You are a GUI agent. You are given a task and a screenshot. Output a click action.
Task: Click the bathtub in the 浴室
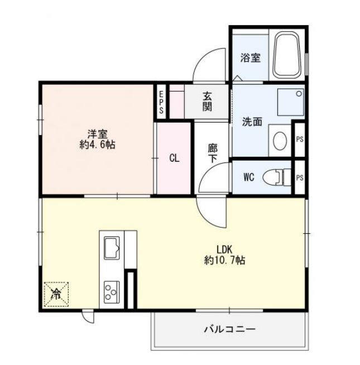[x=287, y=55]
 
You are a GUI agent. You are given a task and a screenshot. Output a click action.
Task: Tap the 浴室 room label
[x=250, y=57]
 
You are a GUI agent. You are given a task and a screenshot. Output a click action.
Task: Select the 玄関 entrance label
[x=207, y=101]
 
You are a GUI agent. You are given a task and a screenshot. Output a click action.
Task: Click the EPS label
[x=161, y=102]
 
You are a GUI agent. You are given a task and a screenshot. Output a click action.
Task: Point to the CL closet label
[x=174, y=159]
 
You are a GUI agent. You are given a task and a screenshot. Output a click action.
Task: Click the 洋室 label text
[x=97, y=134]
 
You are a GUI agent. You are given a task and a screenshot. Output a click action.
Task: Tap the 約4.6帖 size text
[x=97, y=145]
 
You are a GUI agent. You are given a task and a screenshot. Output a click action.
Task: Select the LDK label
[x=224, y=249]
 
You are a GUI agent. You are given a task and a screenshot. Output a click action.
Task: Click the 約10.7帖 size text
[x=224, y=260]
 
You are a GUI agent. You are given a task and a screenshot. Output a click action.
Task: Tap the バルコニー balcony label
[x=230, y=329]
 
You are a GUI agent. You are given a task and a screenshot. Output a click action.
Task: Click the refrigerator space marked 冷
[x=56, y=294]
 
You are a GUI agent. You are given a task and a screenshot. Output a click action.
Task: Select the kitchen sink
[x=112, y=248]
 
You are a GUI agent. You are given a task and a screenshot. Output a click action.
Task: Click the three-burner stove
[x=112, y=292]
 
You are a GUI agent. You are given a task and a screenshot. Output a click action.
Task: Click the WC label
[x=249, y=177]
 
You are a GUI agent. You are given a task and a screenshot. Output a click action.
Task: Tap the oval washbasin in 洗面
[x=280, y=141]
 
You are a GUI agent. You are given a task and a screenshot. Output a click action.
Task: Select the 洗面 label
[x=252, y=122]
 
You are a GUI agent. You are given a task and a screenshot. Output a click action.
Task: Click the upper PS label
[x=300, y=139]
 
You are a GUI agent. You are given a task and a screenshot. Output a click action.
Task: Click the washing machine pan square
[x=291, y=102]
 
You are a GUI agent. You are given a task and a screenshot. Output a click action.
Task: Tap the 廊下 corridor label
[x=213, y=153]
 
